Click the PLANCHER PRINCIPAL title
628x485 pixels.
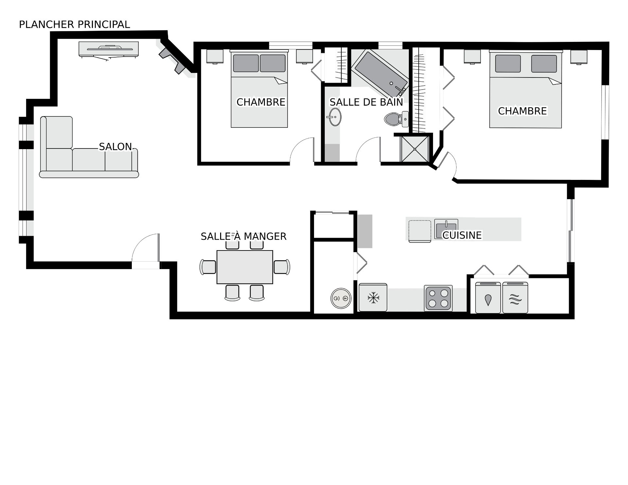click(75, 25)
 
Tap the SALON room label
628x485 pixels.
click(115, 147)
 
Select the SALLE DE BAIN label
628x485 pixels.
click(366, 102)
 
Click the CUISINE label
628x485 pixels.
click(462, 235)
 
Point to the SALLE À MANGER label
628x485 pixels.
click(244, 236)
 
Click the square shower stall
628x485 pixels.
click(415, 149)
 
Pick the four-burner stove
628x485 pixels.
click(438, 298)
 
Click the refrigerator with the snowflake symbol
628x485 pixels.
click(373, 298)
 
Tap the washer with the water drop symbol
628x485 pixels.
click(488, 298)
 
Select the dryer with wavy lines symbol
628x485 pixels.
click(515, 298)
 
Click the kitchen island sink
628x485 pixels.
click(446, 229)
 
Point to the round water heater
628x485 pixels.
click(341, 298)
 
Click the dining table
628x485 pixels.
click(245, 267)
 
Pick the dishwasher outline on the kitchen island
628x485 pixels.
click(420, 231)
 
